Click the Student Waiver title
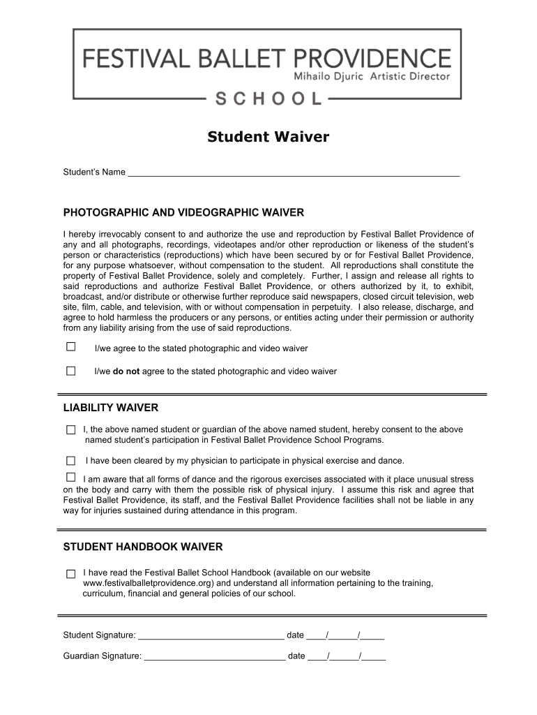268,138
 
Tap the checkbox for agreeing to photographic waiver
70,347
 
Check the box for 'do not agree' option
70,371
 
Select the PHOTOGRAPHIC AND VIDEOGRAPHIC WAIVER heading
183,212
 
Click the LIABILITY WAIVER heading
111,408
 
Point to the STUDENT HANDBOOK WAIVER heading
143,546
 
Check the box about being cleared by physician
70,461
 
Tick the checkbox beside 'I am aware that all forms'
70,478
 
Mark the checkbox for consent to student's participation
70,429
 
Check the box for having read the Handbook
70,573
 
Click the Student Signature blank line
211,635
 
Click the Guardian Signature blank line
214,656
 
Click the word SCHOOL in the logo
268,98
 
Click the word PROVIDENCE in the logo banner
373,57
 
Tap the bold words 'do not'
126,371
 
